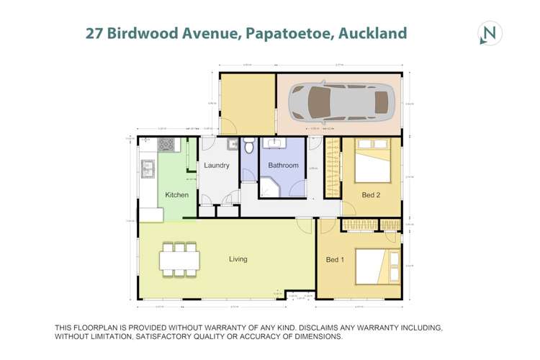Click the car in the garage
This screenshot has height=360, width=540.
tap(342, 103)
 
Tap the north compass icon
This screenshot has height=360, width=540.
tap(490, 33)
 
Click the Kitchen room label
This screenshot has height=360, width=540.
tap(177, 195)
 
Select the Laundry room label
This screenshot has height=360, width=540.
tap(217, 166)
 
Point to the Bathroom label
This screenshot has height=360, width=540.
tap(283, 166)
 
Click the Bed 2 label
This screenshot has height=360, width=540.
tap(372, 195)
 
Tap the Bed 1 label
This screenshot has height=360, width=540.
tap(336, 260)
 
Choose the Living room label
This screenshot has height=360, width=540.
tap(238, 259)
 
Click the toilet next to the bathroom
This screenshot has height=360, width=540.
tap(248, 146)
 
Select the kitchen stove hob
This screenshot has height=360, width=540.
tap(166, 144)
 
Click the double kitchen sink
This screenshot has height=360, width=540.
tap(148, 170)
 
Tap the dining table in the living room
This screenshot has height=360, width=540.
tap(180, 259)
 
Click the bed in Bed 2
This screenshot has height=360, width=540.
tap(374, 162)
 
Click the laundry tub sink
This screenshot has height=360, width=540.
tap(233, 145)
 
